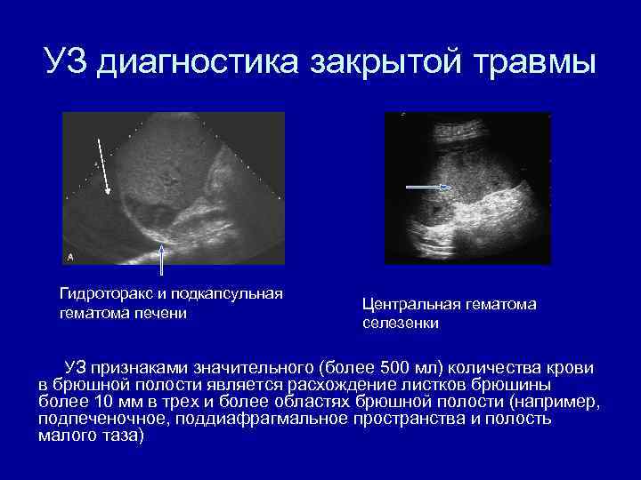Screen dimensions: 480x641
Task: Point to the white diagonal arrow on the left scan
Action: point(103,165)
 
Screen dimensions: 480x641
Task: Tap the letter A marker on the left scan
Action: point(70,256)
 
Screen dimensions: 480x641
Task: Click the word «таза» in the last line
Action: point(114,436)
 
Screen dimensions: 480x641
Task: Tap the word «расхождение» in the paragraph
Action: point(339,385)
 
